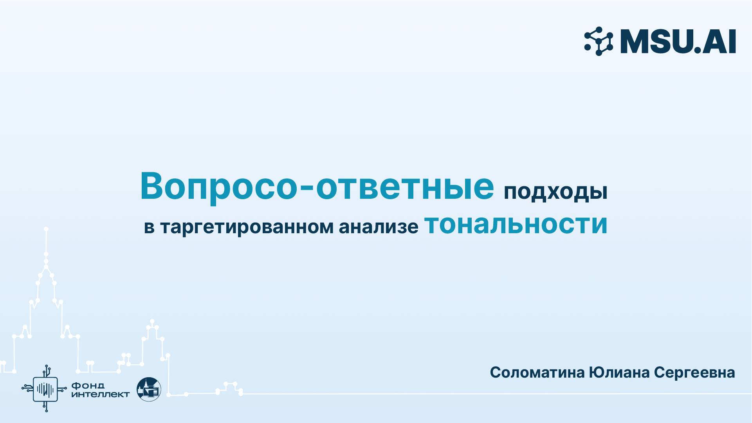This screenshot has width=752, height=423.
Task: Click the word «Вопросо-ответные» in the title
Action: pos(317,187)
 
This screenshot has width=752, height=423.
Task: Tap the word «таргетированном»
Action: pos(247,227)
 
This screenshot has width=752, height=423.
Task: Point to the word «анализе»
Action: pos(379,227)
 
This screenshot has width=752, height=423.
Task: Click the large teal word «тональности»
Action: pos(516,224)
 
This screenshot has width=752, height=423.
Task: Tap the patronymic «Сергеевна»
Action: pos(694,373)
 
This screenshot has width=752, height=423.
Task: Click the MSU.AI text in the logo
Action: pos(678,41)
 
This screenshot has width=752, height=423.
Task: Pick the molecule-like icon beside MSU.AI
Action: pos(599,41)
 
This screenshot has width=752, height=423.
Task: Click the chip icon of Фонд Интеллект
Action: pos(45,389)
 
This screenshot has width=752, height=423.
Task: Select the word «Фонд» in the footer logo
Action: pos(88,386)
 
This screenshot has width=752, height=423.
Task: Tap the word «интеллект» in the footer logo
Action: pos(101,394)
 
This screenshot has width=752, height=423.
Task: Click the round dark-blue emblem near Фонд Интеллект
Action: pos(149,389)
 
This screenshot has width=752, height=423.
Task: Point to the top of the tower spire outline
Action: pos(46,229)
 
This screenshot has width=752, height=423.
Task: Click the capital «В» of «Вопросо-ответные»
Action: pos(151,187)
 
